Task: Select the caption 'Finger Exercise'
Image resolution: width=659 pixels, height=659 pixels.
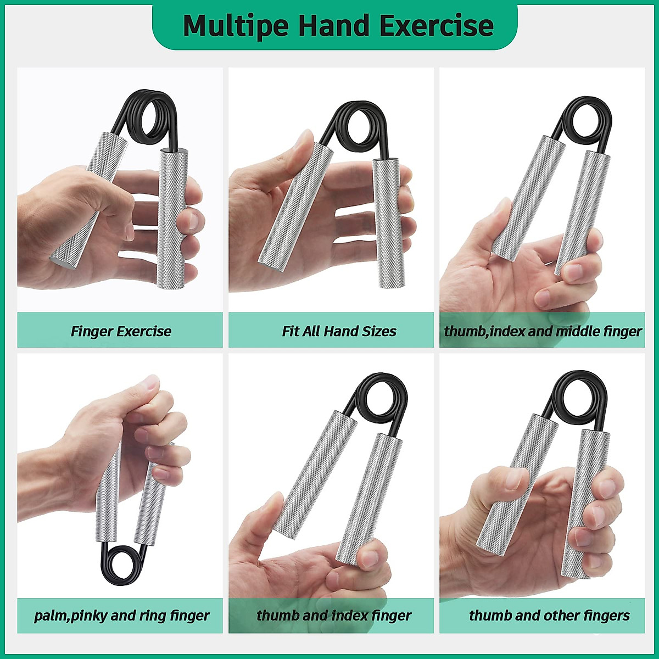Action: pos(121,331)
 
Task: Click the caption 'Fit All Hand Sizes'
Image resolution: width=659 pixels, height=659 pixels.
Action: pos(339,331)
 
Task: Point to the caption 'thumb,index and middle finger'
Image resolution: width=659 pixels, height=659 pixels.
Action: pos(543,331)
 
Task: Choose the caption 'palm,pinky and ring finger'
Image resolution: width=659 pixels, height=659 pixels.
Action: pos(121,616)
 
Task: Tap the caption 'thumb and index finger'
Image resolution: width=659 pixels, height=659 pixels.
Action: pos(333,616)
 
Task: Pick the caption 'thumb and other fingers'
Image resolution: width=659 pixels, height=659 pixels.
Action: pos(549,616)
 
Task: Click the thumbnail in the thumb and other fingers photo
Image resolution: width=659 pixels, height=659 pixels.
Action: pos(513,479)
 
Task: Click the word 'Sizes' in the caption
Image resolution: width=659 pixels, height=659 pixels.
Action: pos(378,331)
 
